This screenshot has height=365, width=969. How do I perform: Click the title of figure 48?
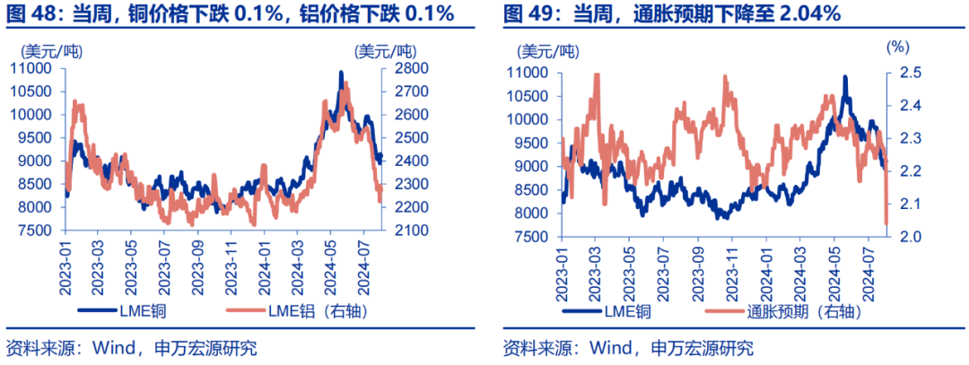click(230, 13)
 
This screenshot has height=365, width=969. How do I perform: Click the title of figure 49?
click(671, 13)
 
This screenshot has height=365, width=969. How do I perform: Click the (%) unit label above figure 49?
click(898, 46)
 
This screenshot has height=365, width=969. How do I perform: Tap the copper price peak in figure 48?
click(341, 72)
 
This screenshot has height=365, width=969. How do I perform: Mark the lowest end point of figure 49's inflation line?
click(886, 224)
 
